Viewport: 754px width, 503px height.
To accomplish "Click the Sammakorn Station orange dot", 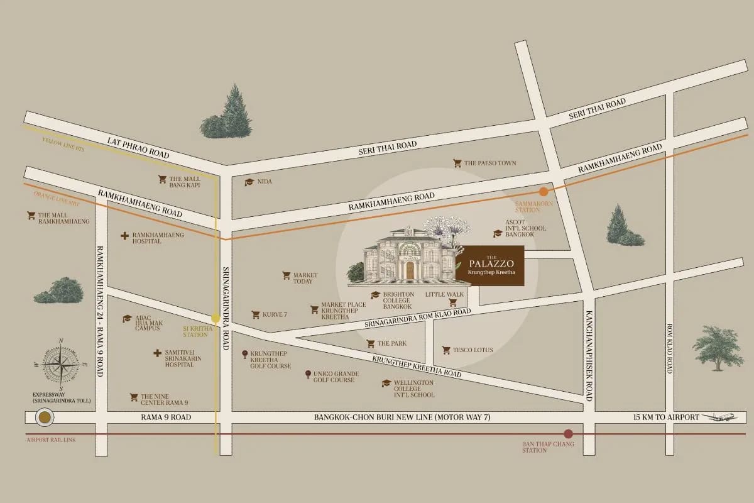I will [x=544, y=192].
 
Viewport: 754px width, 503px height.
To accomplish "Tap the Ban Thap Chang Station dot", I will [x=568, y=434].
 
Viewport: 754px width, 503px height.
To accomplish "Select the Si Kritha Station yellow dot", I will [x=216, y=318].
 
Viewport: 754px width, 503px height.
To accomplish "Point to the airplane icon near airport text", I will [x=719, y=417].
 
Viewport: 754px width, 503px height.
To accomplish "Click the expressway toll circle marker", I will [x=44, y=417].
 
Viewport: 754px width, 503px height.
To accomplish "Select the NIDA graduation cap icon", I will [x=249, y=182].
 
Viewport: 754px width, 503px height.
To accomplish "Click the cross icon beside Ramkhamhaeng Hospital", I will [x=124, y=236].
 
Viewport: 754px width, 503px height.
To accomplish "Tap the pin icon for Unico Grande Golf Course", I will [x=307, y=375].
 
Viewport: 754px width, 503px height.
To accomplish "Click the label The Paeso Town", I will [x=490, y=163].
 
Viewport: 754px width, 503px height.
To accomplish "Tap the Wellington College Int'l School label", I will [x=413, y=389].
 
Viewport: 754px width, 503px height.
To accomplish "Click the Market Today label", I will [x=305, y=278].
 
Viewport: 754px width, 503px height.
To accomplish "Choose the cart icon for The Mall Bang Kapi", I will [x=162, y=179].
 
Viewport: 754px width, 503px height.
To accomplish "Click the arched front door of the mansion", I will [x=410, y=270].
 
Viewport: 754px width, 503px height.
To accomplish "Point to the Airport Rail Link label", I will [x=51, y=440].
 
